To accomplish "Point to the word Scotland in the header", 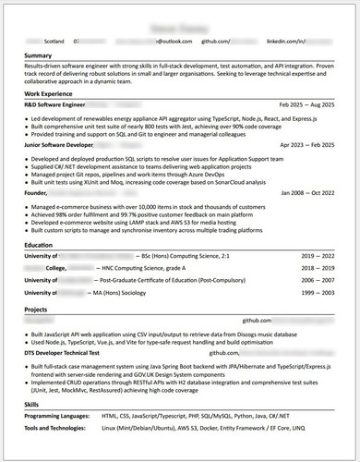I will tap(54, 42).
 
